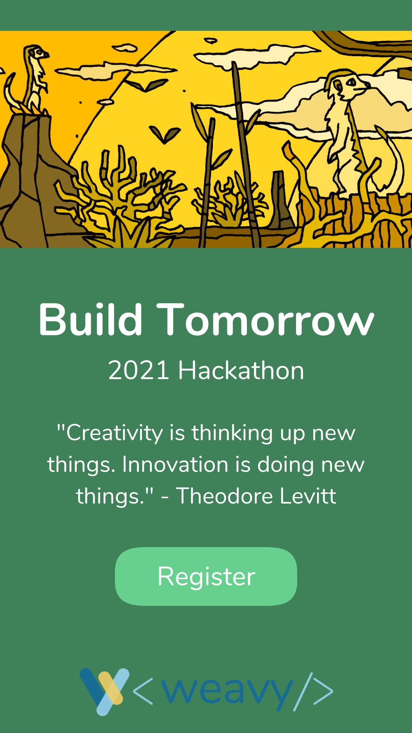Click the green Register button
206,576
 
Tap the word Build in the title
91,320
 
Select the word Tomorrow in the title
266,320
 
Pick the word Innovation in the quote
175,465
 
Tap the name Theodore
224,496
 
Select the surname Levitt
308,496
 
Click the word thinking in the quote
232,433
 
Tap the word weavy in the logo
227,693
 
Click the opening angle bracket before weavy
143,691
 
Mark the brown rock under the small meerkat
34,179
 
